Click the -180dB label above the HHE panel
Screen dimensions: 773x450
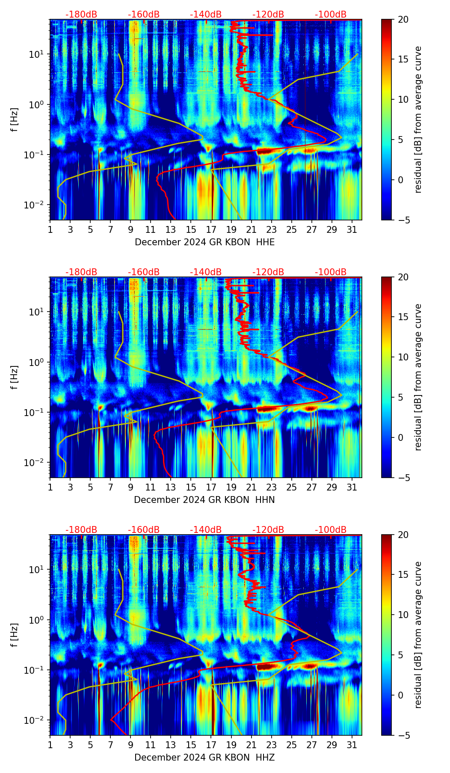81,15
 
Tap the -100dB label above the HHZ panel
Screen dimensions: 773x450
331,530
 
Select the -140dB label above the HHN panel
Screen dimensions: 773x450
206,272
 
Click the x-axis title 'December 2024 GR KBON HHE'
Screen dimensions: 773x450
204,242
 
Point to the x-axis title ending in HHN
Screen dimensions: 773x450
204,500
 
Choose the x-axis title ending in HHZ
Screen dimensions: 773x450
204,758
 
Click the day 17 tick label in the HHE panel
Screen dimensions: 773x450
211,229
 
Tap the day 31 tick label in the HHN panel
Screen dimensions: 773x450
352,487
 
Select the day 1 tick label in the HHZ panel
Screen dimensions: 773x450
50,745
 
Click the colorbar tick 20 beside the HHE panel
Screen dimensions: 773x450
403,19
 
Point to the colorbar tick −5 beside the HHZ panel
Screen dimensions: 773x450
403,735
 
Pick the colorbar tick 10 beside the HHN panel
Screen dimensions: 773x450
403,357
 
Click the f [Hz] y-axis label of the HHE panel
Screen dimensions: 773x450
15,120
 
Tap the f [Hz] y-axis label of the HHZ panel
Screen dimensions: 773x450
15,635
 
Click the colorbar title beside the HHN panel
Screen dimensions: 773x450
418,377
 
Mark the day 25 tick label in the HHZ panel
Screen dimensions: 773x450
292,745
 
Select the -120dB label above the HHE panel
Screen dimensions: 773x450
268,15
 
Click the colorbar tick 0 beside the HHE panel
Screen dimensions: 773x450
401,180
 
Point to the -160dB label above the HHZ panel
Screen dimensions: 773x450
144,530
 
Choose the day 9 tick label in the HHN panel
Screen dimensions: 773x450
130,487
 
